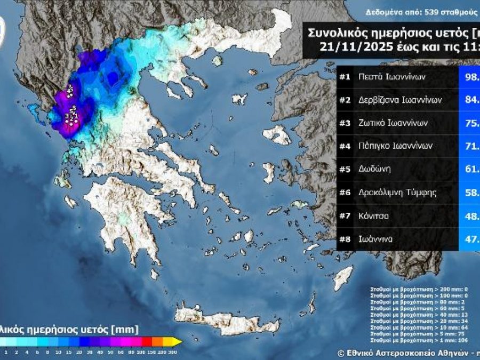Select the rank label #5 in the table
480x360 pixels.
345,170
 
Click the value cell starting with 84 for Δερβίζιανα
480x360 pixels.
469,100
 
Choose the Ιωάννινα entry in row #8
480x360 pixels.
376,239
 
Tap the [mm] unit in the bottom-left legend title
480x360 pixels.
130,329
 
